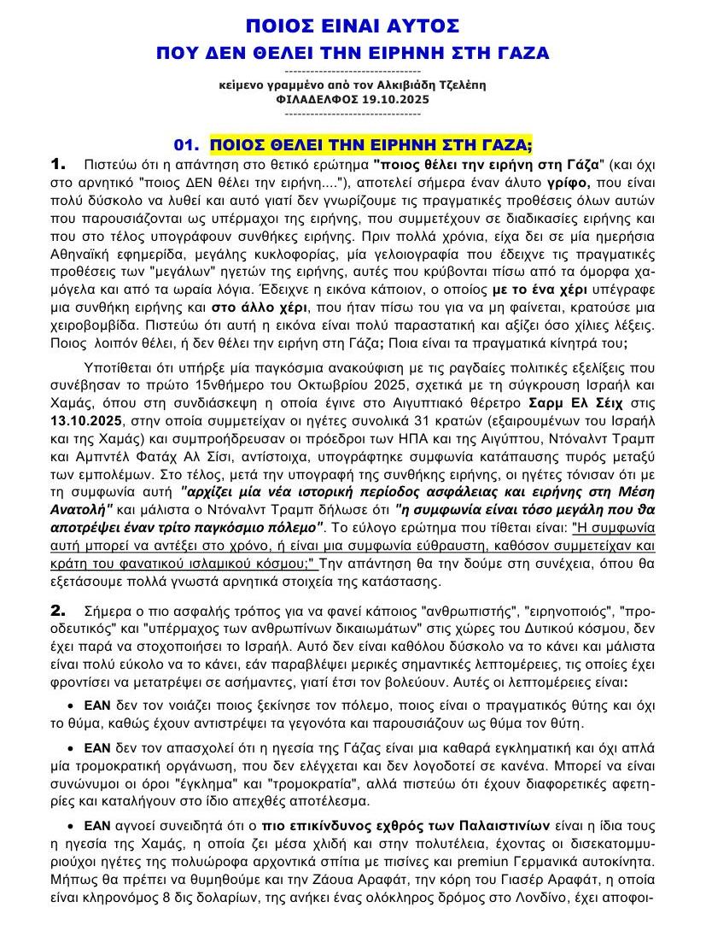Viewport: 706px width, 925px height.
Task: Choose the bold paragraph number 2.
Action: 59,611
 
